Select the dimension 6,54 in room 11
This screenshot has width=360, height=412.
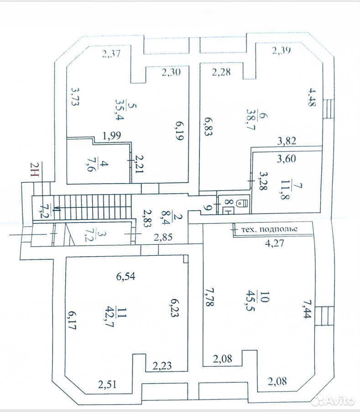click(125, 276)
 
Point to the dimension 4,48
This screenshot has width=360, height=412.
click(312, 98)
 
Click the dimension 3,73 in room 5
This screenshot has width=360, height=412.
click(75, 96)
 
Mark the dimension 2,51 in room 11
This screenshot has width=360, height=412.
click(107, 385)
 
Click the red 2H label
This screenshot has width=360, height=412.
click(35, 170)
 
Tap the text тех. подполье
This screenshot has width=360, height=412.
click(269, 229)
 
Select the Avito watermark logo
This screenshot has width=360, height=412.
click(333, 400)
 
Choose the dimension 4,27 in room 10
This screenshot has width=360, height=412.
click(275, 243)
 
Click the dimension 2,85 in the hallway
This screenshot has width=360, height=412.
click(163, 237)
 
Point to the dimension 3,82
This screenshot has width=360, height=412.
click(287, 141)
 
